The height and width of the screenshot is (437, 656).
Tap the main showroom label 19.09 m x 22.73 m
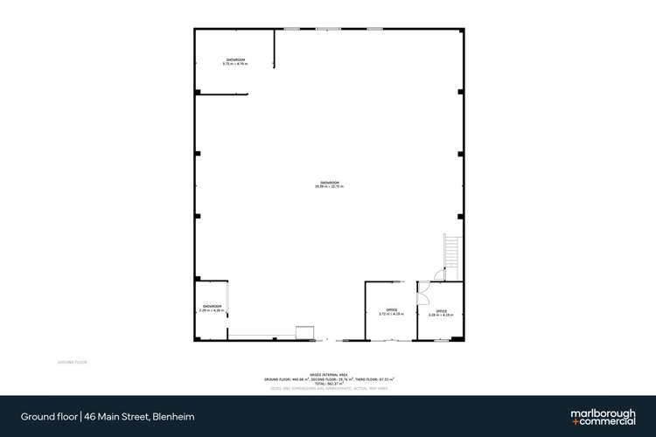[329, 184]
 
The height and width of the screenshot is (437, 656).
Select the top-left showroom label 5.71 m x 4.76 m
[234, 62]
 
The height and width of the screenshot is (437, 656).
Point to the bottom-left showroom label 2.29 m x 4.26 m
[211, 309]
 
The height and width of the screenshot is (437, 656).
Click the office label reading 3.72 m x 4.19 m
[391, 312]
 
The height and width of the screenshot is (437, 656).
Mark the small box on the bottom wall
[304, 331]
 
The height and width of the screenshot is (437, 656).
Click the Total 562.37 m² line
[329, 383]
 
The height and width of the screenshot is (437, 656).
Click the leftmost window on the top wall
[292, 30]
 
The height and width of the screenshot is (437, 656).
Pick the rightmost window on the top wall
[374, 30]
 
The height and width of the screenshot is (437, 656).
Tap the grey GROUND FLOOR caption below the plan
[72, 361]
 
